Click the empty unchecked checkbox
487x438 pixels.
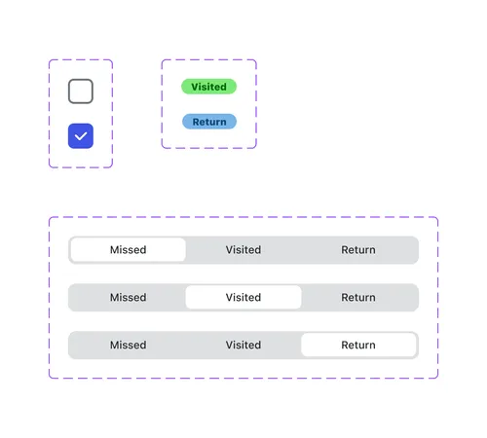pos(81,91)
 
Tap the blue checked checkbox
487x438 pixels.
pos(81,136)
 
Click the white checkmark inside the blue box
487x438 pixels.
pos(81,136)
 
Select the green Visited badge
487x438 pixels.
pos(208,87)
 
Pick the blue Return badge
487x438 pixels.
pos(208,122)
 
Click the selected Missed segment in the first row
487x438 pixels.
pos(128,250)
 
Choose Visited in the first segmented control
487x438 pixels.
pos(243,250)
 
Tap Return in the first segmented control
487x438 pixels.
pos(358,250)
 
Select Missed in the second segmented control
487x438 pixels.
pos(128,298)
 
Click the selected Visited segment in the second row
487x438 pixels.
pos(243,298)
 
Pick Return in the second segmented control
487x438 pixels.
pos(358,298)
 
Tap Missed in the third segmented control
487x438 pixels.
pos(128,345)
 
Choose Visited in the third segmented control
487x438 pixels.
pos(243,345)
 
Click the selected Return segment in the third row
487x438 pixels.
pos(358,345)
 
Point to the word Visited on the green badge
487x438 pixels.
pos(208,87)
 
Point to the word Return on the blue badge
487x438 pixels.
pos(209,122)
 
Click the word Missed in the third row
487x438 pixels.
pos(128,345)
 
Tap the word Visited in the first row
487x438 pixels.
pos(243,250)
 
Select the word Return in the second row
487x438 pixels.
pos(358,298)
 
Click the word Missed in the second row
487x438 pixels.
pos(128,298)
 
